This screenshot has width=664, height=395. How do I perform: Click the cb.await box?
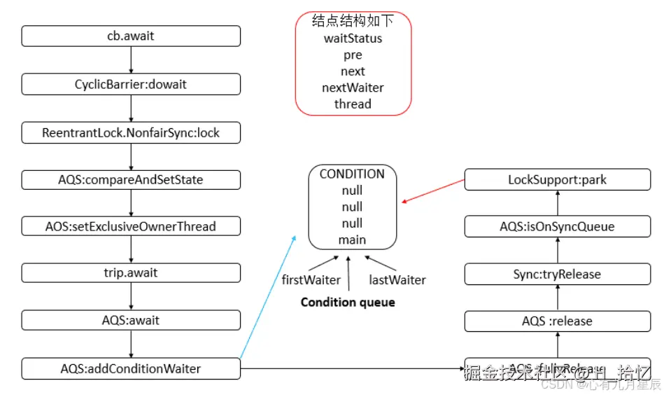pos(131,36)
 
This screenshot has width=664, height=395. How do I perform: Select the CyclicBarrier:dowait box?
pos(131,84)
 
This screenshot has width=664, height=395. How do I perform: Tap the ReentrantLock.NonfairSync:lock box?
pos(131,132)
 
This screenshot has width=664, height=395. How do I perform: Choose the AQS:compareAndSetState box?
pos(131,179)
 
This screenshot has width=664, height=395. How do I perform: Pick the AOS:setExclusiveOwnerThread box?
pos(131,226)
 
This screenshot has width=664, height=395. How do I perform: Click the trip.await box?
pos(131,273)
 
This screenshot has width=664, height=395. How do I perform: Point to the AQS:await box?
pos(131,320)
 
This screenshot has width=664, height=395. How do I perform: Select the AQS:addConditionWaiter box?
pos(131,368)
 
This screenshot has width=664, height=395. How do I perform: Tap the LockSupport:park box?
pos(558,179)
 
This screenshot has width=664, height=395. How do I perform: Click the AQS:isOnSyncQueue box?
pos(558,226)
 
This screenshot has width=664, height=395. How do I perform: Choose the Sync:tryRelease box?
pos(558,274)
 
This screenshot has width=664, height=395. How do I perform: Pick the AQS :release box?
pos(558,321)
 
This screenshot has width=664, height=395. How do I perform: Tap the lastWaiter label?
pos(397,279)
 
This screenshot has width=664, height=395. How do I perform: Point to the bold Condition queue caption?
pos(348,303)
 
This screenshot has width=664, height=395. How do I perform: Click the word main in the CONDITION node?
pos(353,240)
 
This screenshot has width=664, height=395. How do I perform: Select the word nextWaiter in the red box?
pos(353,88)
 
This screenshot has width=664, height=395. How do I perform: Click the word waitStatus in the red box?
pos(353,39)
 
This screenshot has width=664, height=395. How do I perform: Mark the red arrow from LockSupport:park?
pos(433,191)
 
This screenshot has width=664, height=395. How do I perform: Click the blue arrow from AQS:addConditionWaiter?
pos(268,298)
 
